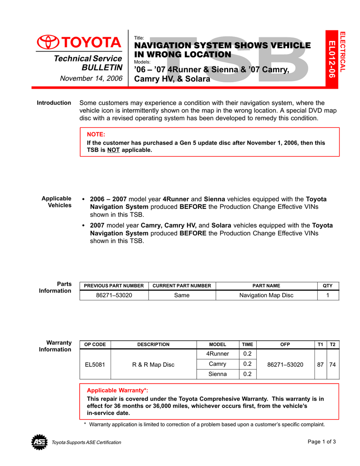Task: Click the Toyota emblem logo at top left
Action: pyautogui.click(x=47, y=42)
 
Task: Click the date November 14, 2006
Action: pyautogui.click(x=91, y=78)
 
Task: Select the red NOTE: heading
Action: pyautogui.click(x=96, y=134)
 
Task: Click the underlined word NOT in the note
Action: pyautogui.click(x=113, y=150)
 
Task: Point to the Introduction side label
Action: pyautogui.click(x=54, y=103)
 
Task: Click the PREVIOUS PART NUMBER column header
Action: pyautogui.click(x=114, y=286)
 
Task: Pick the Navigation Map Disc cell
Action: pyautogui.click(x=266, y=295)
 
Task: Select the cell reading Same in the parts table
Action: pyautogui.click(x=182, y=295)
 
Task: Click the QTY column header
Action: pyautogui.click(x=328, y=286)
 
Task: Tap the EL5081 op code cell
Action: pyautogui.click(x=95, y=365)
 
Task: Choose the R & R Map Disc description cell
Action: pyautogui.click(x=153, y=365)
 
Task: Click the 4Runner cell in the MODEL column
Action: pyautogui.click(x=218, y=354)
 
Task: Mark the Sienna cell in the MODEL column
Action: pyautogui.click(x=218, y=374)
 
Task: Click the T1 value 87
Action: pyautogui.click(x=321, y=365)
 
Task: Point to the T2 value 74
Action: pyautogui.click(x=333, y=365)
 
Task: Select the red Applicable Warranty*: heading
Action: pyautogui.click(x=117, y=390)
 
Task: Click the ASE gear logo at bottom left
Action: pyautogui.click(x=39, y=442)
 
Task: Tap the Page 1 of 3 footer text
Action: pyautogui.click(x=322, y=441)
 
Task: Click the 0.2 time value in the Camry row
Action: pyautogui.click(x=248, y=364)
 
